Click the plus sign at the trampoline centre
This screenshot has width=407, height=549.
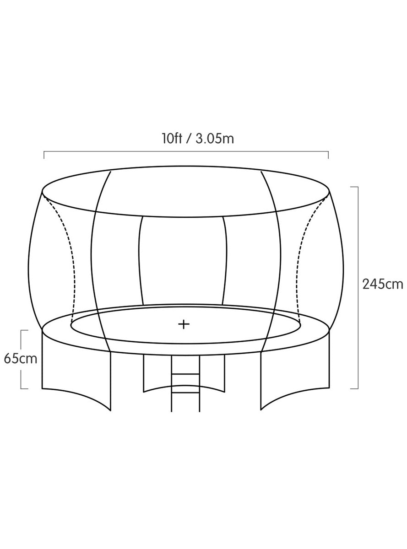pos(184,324)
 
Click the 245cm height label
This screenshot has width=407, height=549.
pos(383,285)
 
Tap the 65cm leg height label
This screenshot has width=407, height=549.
pos(21,359)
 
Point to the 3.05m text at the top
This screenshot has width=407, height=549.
pos(215,139)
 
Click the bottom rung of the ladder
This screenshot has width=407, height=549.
pos(185,393)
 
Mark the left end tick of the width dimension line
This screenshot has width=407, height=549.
pos(44,155)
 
